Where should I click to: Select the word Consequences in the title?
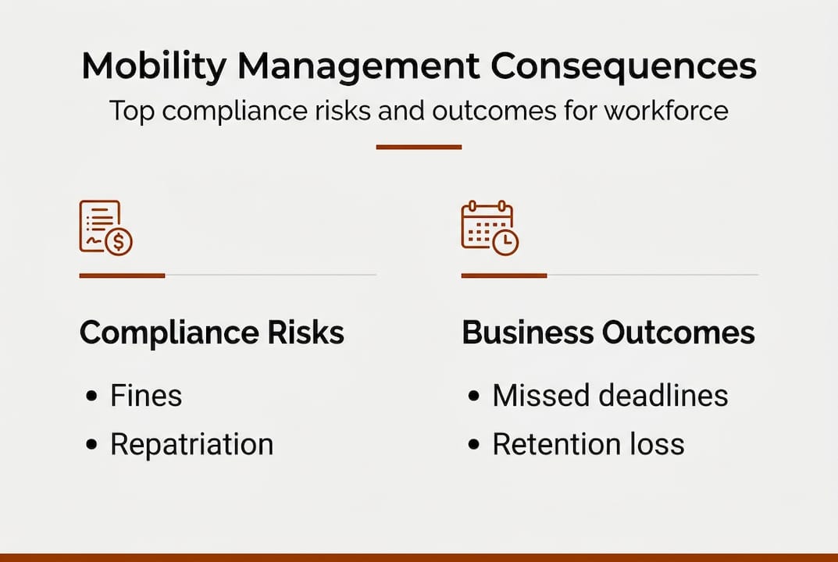coord(623,68)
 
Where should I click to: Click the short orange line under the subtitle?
coord(419,147)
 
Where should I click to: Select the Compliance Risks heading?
coord(212,333)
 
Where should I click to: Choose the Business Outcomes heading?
coord(608,333)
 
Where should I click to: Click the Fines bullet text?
coord(146,396)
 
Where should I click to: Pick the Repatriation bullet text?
coord(191,444)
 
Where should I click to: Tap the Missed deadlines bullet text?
coord(610,396)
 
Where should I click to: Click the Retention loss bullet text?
coord(588,444)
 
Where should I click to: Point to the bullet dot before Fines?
coord(92,397)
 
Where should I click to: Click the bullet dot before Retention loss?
coord(474,445)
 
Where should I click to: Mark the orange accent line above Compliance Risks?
coord(122,276)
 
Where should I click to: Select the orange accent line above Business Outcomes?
coord(504,276)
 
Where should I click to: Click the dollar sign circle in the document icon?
coord(119,241)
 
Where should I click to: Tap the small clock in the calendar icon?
coord(505,242)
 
